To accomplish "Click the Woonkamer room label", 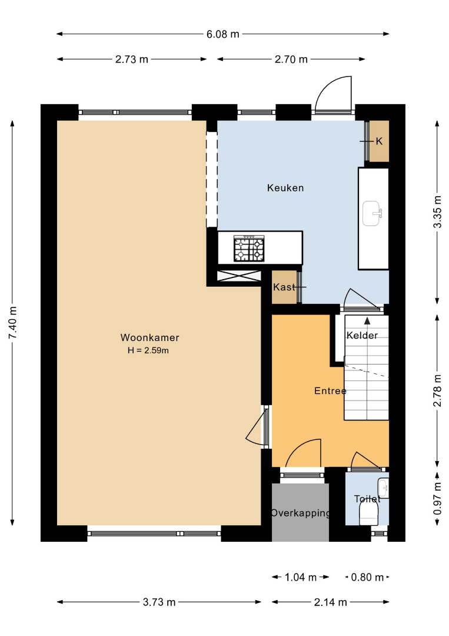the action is pyautogui.click(x=149, y=337).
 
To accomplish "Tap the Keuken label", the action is pyautogui.click(x=285, y=188).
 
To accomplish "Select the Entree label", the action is pyautogui.click(x=330, y=390).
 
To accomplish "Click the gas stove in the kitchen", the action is pyautogui.click(x=249, y=249).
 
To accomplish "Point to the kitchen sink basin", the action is pyautogui.click(x=371, y=213).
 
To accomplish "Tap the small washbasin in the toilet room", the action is pyautogui.click(x=383, y=488).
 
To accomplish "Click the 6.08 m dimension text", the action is pyautogui.click(x=223, y=34).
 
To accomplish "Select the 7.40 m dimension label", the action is pyautogui.click(x=12, y=323).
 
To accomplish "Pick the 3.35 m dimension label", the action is pyautogui.click(x=437, y=212).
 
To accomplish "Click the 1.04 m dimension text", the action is pyautogui.click(x=300, y=577).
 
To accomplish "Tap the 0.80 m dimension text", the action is pyautogui.click(x=367, y=577).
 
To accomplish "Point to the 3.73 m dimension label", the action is pyautogui.click(x=159, y=602).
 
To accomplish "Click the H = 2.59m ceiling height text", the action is pyautogui.click(x=148, y=350).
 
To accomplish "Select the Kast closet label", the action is pyautogui.click(x=284, y=287).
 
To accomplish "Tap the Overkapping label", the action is pyautogui.click(x=300, y=513).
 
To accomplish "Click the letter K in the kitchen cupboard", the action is pyautogui.click(x=379, y=141).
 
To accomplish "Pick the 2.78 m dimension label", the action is pyautogui.click(x=437, y=390).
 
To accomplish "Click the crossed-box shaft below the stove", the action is pyautogui.click(x=239, y=276).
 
